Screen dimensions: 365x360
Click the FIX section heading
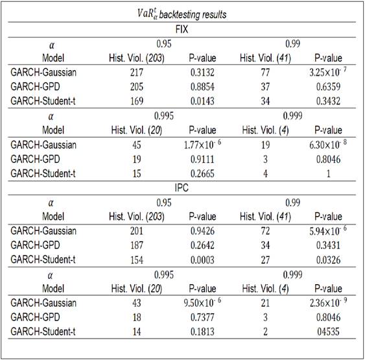pos(182,30)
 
